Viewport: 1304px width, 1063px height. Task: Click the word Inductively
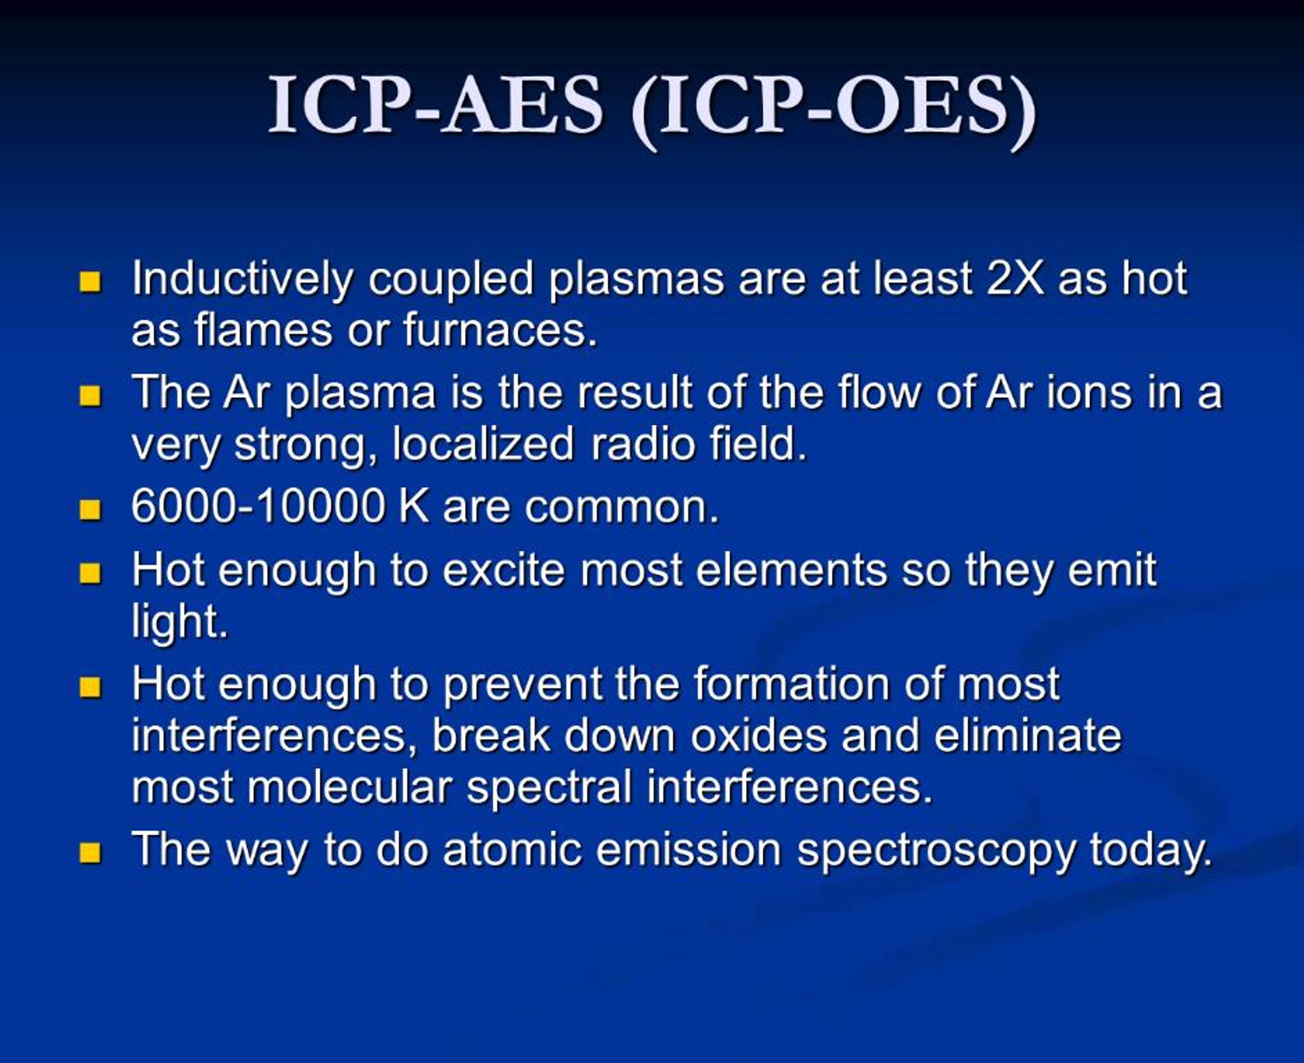(x=242, y=279)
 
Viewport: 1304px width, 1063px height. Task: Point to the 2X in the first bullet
(x=1015, y=279)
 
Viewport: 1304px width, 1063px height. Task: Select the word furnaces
(x=500, y=330)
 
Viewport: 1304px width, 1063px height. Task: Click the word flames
(x=263, y=330)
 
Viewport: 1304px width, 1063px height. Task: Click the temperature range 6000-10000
(x=258, y=506)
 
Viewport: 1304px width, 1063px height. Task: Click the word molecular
(x=349, y=787)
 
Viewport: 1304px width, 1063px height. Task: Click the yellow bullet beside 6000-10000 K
(x=90, y=509)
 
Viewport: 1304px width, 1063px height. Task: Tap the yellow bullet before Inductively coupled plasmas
(x=90, y=282)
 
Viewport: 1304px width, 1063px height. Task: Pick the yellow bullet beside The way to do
(x=90, y=852)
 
